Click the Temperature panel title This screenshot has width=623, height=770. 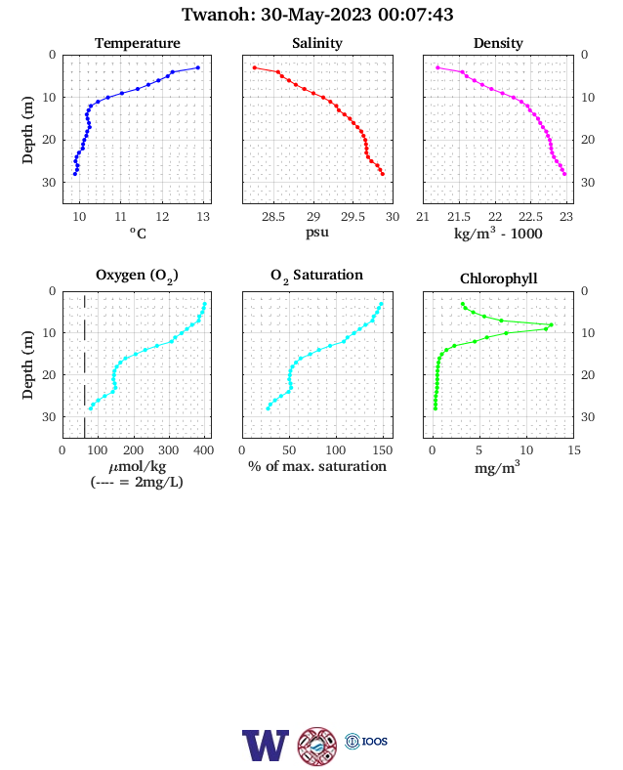pos(138,43)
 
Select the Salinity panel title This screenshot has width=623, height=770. pos(317,43)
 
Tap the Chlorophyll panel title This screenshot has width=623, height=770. pos(498,278)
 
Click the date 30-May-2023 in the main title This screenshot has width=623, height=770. pos(315,15)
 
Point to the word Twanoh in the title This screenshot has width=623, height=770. pos(216,15)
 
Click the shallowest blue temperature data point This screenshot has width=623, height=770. pos(197,67)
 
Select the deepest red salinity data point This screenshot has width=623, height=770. pos(383,174)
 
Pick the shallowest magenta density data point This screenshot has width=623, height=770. pos(437,67)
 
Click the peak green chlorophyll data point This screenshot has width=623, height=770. pos(552,324)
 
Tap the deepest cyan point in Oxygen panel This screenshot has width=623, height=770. pos(90,408)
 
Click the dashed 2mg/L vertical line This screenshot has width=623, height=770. pos(84,365)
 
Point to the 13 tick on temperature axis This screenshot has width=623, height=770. pos(203,217)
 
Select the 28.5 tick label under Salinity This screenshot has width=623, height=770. pos(272,217)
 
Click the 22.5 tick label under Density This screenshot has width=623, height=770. pos(531,217)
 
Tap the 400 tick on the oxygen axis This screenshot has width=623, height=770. pos(203,450)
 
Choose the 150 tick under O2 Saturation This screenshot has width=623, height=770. pos(383,450)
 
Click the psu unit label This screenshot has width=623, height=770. pos(317,232)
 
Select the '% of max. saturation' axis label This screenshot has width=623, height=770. pos(317,466)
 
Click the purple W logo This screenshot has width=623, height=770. pos(266,746)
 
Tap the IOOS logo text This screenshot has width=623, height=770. pos(375,741)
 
